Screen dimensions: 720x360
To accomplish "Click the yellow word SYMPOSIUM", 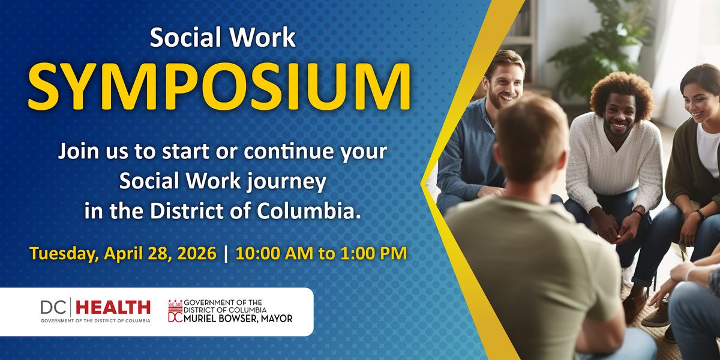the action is pos(219,87).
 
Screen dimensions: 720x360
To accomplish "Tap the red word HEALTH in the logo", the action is pos(113,308).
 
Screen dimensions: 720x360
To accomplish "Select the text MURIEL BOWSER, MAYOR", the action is pos(238,319).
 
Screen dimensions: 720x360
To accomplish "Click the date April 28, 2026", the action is pos(160,254).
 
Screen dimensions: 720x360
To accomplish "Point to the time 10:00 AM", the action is pos(274,253).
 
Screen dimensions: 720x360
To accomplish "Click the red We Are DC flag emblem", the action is pos(175,311).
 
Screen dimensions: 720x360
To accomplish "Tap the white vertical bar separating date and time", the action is pos(226,254).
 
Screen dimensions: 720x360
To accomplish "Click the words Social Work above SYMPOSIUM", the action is pos(223,38).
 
